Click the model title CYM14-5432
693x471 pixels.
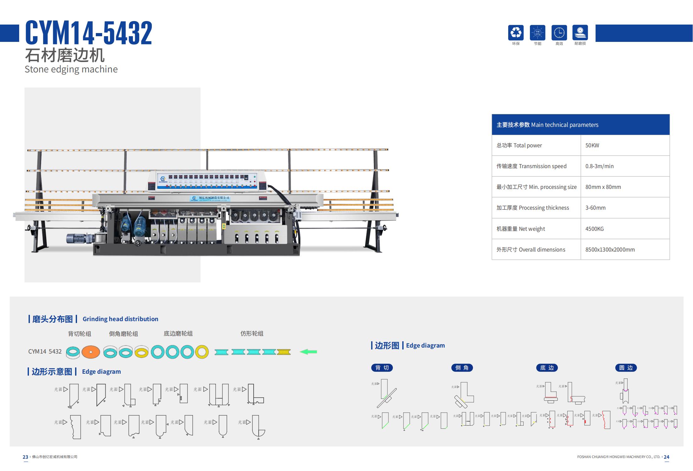point(89,33)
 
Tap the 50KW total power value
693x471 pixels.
point(592,145)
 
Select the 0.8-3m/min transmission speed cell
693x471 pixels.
point(599,166)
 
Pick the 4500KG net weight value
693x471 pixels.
point(594,229)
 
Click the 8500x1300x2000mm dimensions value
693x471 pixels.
point(610,250)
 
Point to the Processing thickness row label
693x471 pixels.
point(533,208)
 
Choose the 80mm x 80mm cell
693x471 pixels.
point(603,187)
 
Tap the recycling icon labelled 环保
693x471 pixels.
point(516,33)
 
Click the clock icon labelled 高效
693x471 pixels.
point(559,33)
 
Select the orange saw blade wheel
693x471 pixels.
point(91,352)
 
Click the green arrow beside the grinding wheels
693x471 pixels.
point(308,352)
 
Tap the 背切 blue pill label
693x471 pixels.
point(382,368)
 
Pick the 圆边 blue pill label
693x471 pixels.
point(626,368)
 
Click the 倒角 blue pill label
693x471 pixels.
point(462,368)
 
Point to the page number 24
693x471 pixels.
point(666,457)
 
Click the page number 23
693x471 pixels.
point(25,457)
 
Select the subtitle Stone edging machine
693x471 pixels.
point(71,69)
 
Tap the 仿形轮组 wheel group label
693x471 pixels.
point(252,333)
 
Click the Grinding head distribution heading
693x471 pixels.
point(120,319)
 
